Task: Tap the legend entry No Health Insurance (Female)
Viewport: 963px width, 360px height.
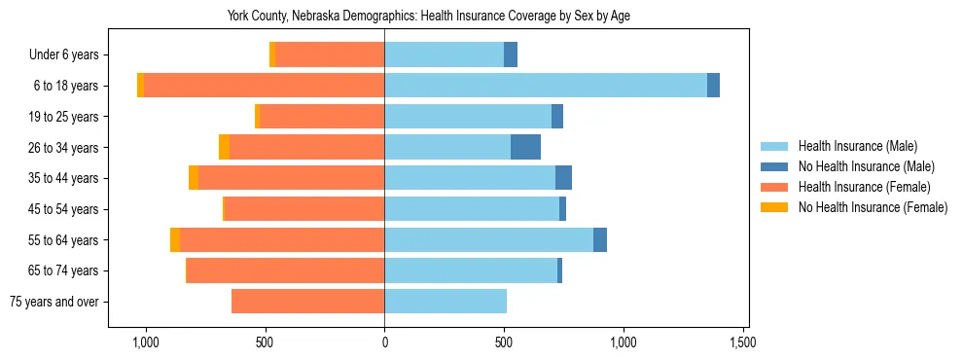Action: [873, 207]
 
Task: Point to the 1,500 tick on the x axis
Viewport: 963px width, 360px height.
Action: [742, 342]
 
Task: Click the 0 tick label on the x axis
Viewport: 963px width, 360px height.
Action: [384, 342]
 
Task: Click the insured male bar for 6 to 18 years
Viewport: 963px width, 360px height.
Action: [546, 86]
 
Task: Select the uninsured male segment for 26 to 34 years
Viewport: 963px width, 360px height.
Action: [525, 147]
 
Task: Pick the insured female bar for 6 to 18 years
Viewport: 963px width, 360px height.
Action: [264, 86]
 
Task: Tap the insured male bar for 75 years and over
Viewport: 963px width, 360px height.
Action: [446, 302]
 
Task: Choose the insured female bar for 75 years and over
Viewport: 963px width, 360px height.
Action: [307, 302]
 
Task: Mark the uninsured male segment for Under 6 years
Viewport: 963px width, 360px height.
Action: [511, 54]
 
